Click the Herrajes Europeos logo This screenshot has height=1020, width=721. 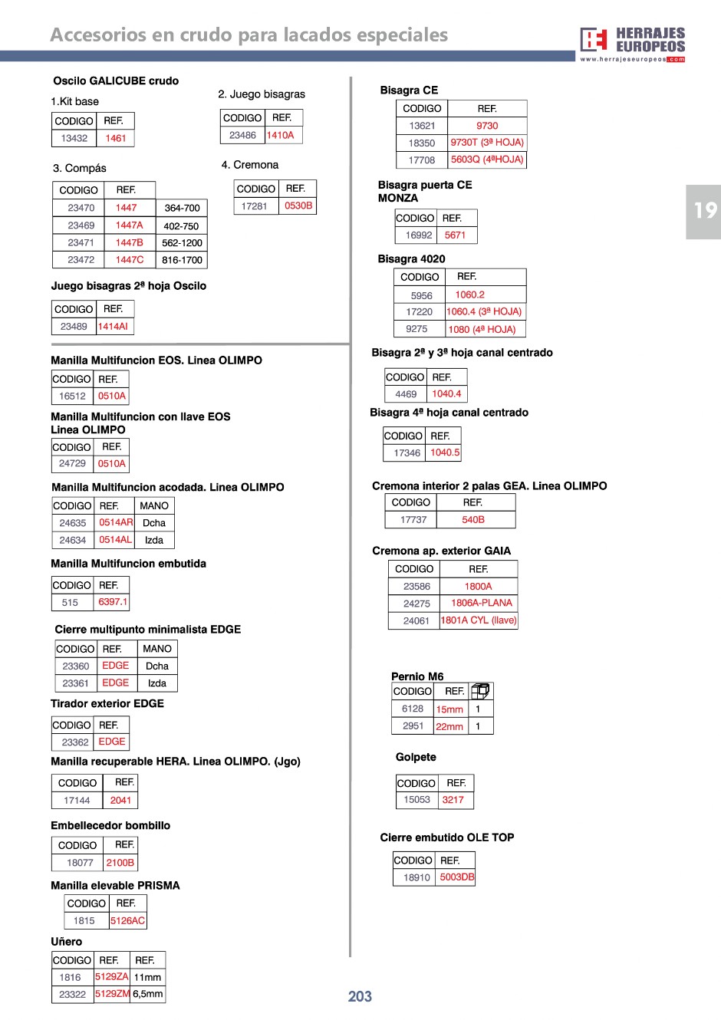click(632, 44)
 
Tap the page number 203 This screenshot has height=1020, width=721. click(360, 996)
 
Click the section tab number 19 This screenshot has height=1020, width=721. click(703, 211)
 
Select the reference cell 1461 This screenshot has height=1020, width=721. click(116, 138)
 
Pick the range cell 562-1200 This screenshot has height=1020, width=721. click(182, 243)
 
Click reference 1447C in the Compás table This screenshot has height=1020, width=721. click(129, 260)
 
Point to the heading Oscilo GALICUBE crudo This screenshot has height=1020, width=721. click(116, 81)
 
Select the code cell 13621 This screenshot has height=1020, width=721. click(422, 126)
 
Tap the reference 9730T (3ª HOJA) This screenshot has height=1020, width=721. click(487, 143)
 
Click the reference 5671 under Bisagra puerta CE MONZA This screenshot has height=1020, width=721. click(455, 235)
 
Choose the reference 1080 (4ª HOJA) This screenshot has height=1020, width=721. click(482, 330)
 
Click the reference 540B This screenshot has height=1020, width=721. click(473, 520)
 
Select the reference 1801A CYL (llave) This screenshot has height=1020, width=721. click(479, 620)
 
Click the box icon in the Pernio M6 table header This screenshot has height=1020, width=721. click(480, 691)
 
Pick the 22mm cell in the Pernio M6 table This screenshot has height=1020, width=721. click(449, 726)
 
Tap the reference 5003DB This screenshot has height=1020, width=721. click(456, 877)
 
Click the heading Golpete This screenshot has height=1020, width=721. click(416, 757)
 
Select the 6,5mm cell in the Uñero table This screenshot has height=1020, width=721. click(147, 994)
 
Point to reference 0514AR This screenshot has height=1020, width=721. click(116, 522)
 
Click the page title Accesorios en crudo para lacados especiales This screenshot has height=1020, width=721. click(249, 35)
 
